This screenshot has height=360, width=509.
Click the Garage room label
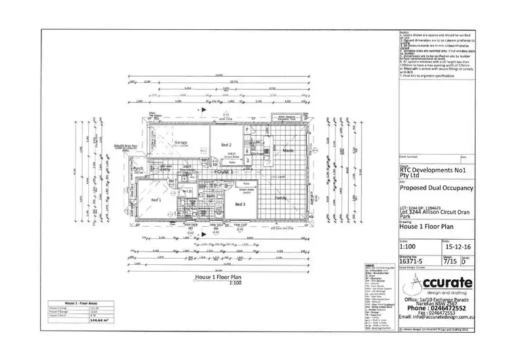click(181, 143)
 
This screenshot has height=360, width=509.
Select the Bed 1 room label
click(155, 200)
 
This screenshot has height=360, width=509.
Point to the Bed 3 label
click(240, 204)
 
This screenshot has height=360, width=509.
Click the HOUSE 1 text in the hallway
click(224, 173)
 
